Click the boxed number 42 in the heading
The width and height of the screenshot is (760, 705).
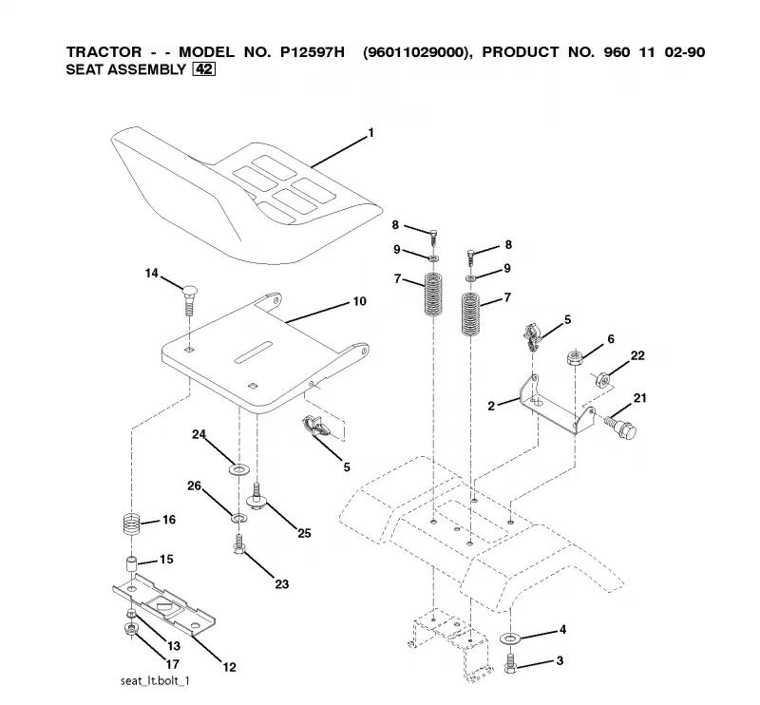click(203, 69)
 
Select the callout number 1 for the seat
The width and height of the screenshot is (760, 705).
click(371, 132)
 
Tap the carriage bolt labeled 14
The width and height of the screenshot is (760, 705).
click(189, 300)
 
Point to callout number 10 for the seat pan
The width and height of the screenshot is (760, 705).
click(359, 301)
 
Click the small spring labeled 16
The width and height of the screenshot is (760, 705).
click(130, 524)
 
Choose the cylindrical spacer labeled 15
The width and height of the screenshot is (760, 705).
click(131, 565)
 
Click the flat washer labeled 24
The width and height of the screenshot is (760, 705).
click(238, 469)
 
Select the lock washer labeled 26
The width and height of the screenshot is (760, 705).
click(238, 519)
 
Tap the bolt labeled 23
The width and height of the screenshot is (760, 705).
click(238, 544)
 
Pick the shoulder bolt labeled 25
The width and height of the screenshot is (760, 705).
click(256, 496)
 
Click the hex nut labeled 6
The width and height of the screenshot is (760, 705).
click(575, 358)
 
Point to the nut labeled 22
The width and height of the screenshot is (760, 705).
click(601, 379)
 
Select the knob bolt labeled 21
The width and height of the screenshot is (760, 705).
click(621, 426)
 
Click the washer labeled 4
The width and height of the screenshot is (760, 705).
click(508, 638)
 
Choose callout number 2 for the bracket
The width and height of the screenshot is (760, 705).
click(491, 406)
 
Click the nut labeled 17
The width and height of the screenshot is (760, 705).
click(130, 629)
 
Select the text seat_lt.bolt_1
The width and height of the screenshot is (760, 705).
click(155, 680)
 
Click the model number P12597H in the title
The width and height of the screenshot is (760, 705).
click(313, 52)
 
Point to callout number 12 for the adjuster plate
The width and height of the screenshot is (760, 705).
click(229, 667)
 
